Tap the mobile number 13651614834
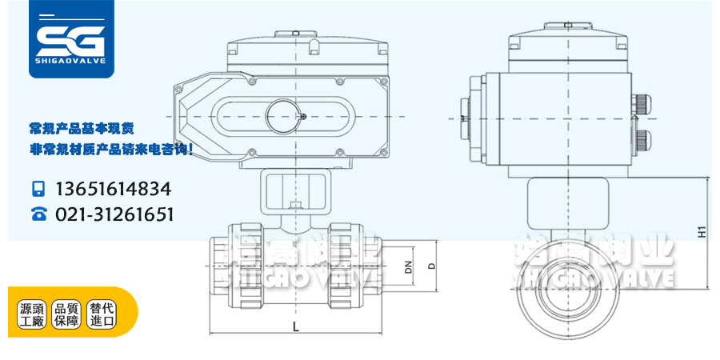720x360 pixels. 113,190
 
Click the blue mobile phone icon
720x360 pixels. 38,190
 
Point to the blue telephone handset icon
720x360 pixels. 38,214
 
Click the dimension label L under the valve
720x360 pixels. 295,326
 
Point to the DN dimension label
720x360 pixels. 407,266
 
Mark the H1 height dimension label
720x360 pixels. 700,232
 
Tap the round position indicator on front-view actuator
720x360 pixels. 286,114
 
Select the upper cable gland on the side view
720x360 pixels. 642,105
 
